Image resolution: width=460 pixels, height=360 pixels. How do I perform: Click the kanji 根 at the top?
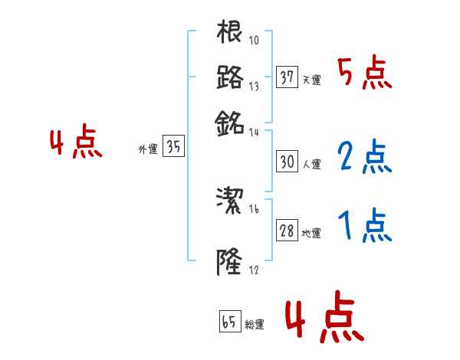point(229,33)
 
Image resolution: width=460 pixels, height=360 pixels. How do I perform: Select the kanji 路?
point(229,77)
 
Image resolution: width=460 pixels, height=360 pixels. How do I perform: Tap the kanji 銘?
point(229,121)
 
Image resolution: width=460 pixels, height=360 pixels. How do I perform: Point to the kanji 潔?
point(229,201)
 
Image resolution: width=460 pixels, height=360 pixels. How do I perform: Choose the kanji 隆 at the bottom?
point(229,262)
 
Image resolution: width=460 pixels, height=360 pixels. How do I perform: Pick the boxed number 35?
point(174,148)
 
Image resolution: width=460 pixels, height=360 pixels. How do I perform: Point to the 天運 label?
point(311,80)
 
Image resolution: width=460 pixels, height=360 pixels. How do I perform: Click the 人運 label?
point(311,163)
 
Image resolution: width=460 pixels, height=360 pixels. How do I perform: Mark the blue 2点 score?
point(364,156)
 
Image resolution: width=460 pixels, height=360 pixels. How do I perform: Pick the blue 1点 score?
point(364,226)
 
